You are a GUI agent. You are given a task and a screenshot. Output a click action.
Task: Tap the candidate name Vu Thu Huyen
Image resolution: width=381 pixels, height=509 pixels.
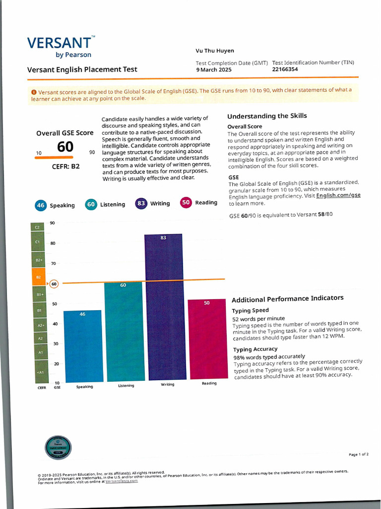tap(215, 51)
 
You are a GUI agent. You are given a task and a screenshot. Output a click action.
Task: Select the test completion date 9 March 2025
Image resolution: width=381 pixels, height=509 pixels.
tap(214, 70)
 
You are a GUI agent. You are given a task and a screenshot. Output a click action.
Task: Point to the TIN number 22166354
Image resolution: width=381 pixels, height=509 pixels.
tap(285, 70)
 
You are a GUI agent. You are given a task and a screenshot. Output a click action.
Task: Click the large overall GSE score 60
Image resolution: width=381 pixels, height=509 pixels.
tap(65, 147)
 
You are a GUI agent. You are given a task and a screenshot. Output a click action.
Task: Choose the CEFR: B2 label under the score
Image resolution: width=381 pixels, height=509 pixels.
tap(65, 167)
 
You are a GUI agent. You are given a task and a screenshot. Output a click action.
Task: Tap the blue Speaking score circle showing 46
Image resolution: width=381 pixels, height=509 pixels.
tap(41, 205)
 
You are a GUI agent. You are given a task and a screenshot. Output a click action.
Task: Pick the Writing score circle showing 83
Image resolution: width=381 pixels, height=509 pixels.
tap(141, 203)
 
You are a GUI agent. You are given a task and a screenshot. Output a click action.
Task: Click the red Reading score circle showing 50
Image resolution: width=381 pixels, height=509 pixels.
tap(186, 202)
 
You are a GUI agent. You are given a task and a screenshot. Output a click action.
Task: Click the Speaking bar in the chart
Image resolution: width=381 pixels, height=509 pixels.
tap(83, 346)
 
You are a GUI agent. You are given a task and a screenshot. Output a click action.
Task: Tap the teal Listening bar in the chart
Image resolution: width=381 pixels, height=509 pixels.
tap(123, 331)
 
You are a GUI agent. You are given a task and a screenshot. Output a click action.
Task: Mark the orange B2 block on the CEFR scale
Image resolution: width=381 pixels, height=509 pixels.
tap(39, 277)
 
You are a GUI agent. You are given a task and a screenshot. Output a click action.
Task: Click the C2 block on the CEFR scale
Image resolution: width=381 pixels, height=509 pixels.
tap(38, 227)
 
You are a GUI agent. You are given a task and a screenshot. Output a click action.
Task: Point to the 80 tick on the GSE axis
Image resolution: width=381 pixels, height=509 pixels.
tap(53, 243)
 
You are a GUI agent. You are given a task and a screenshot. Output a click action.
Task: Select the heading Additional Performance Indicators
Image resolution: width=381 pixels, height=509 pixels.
tap(287, 298)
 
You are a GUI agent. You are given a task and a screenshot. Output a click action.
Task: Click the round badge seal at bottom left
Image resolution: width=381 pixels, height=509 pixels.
tap(59, 447)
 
